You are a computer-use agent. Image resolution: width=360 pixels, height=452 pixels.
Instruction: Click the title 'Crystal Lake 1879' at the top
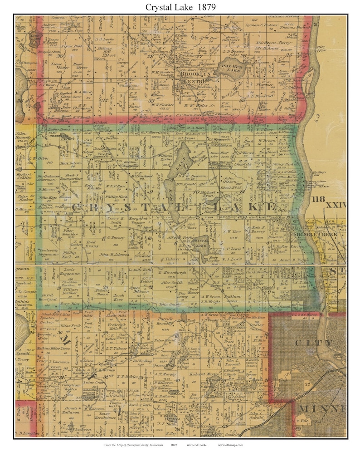pos(180,7)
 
